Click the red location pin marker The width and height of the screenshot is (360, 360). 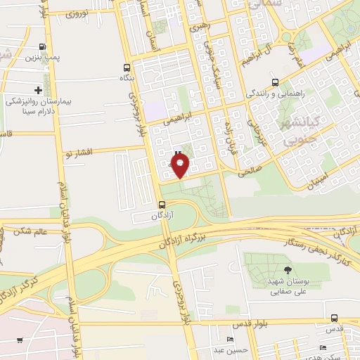(x=181, y=166)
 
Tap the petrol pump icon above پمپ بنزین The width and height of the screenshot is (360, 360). (x=44, y=48)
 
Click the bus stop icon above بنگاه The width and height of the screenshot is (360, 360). (x=127, y=68)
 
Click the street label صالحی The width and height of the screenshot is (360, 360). (x=250, y=169)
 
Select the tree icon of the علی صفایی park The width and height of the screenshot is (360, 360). (x=287, y=269)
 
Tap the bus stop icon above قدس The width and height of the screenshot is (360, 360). (x=334, y=317)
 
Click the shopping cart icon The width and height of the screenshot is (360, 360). (x=20, y=340)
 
